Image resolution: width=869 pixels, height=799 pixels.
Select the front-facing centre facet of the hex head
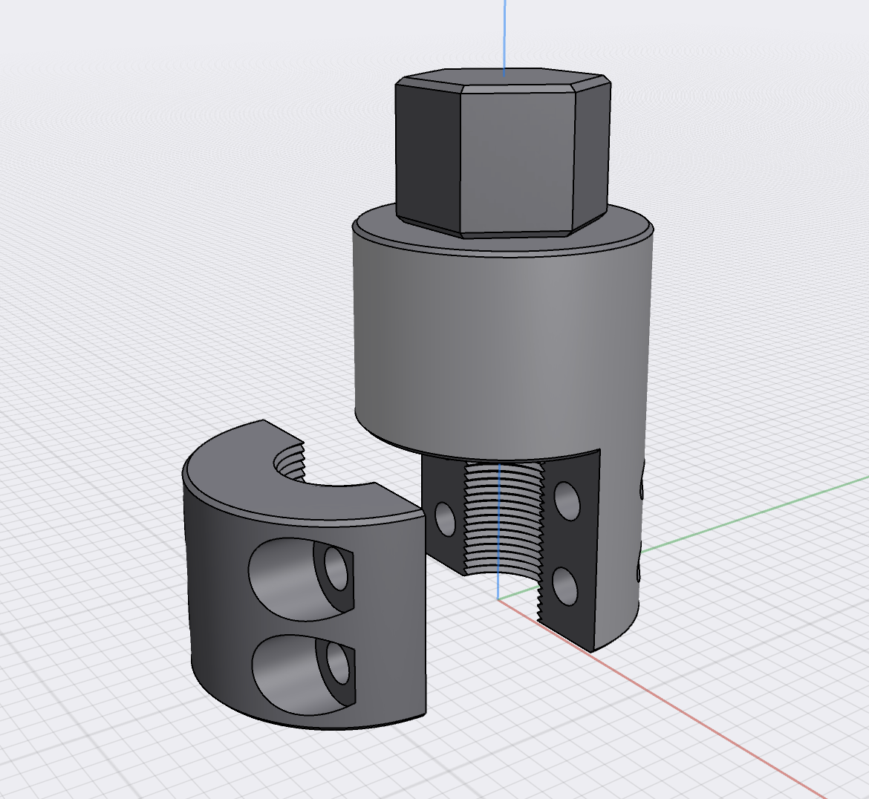tap(518, 160)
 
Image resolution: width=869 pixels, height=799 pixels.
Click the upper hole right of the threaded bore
tap(568, 500)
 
